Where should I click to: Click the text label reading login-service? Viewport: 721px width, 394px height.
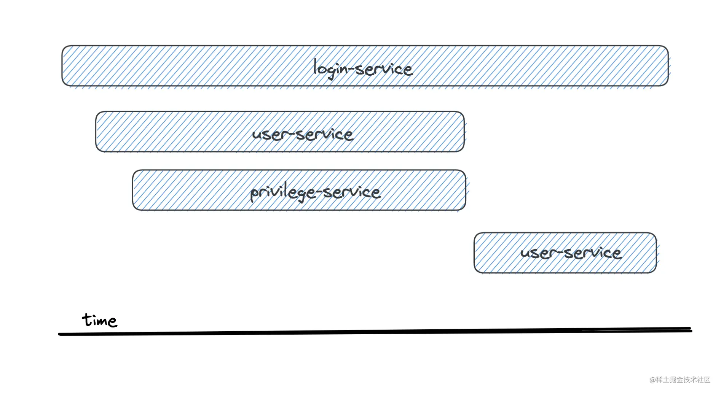tap(363, 68)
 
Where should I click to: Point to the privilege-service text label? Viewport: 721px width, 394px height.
tap(315, 192)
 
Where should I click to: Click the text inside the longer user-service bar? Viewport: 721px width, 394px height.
tap(303, 134)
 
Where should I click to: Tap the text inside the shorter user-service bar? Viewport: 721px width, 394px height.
tap(571, 253)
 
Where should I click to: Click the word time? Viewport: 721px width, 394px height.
tap(99, 320)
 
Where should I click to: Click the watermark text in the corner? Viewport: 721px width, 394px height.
tap(680, 380)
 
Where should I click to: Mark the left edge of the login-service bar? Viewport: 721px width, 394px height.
tap(62, 66)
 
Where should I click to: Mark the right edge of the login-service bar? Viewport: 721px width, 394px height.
tap(668, 66)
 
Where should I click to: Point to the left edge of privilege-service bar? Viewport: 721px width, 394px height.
tap(133, 190)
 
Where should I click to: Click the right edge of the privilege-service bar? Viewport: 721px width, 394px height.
tap(466, 190)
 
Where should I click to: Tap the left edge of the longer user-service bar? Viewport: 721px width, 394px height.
tap(96, 132)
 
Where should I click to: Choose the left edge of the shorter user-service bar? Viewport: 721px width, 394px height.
tap(474, 253)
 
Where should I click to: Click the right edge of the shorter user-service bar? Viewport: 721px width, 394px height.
tap(657, 253)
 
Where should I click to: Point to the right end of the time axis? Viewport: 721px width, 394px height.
tap(691, 330)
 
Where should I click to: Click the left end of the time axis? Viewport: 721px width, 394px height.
tap(59, 334)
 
